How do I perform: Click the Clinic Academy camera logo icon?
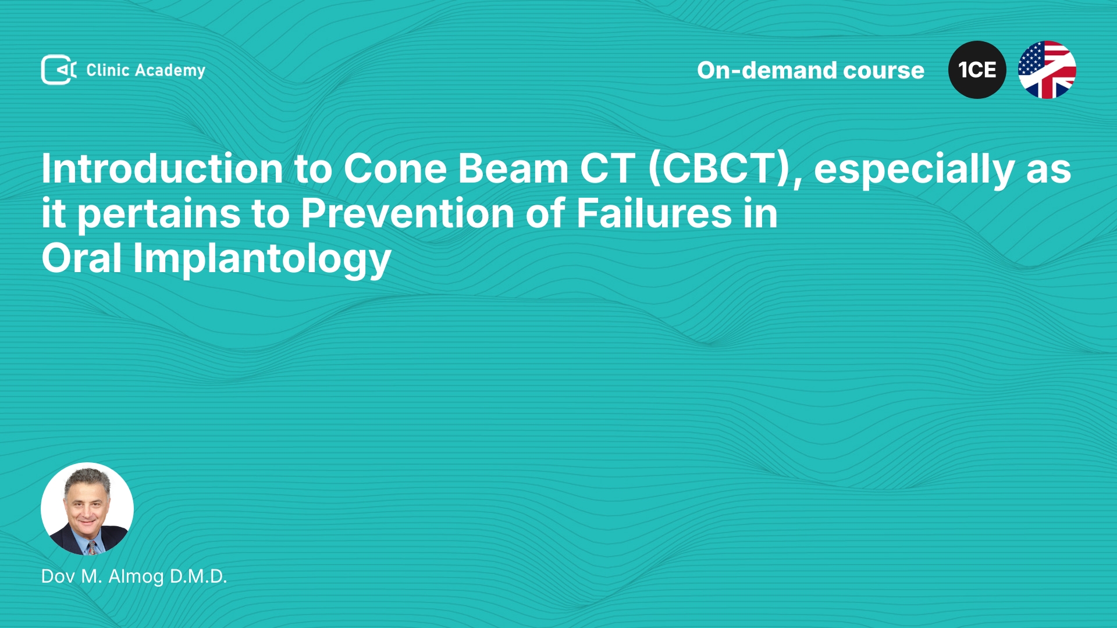tap(59, 70)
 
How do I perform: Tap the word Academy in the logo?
tap(170, 71)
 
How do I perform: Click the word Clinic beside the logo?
tap(108, 70)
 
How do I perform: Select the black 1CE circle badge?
tap(977, 70)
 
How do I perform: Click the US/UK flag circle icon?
tap(1047, 70)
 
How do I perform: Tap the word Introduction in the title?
tap(162, 169)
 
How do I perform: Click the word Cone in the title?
tap(394, 169)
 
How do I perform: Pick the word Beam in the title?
tap(513, 169)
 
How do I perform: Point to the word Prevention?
tap(408, 213)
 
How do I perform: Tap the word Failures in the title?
tap(654, 213)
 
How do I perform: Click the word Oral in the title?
tap(81, 258)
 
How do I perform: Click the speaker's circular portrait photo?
tap(87, 509)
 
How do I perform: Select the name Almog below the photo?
tap(136, 577)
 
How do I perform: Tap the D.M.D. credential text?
tap(198, 576)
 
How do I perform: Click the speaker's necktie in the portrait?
tap(92, 548)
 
